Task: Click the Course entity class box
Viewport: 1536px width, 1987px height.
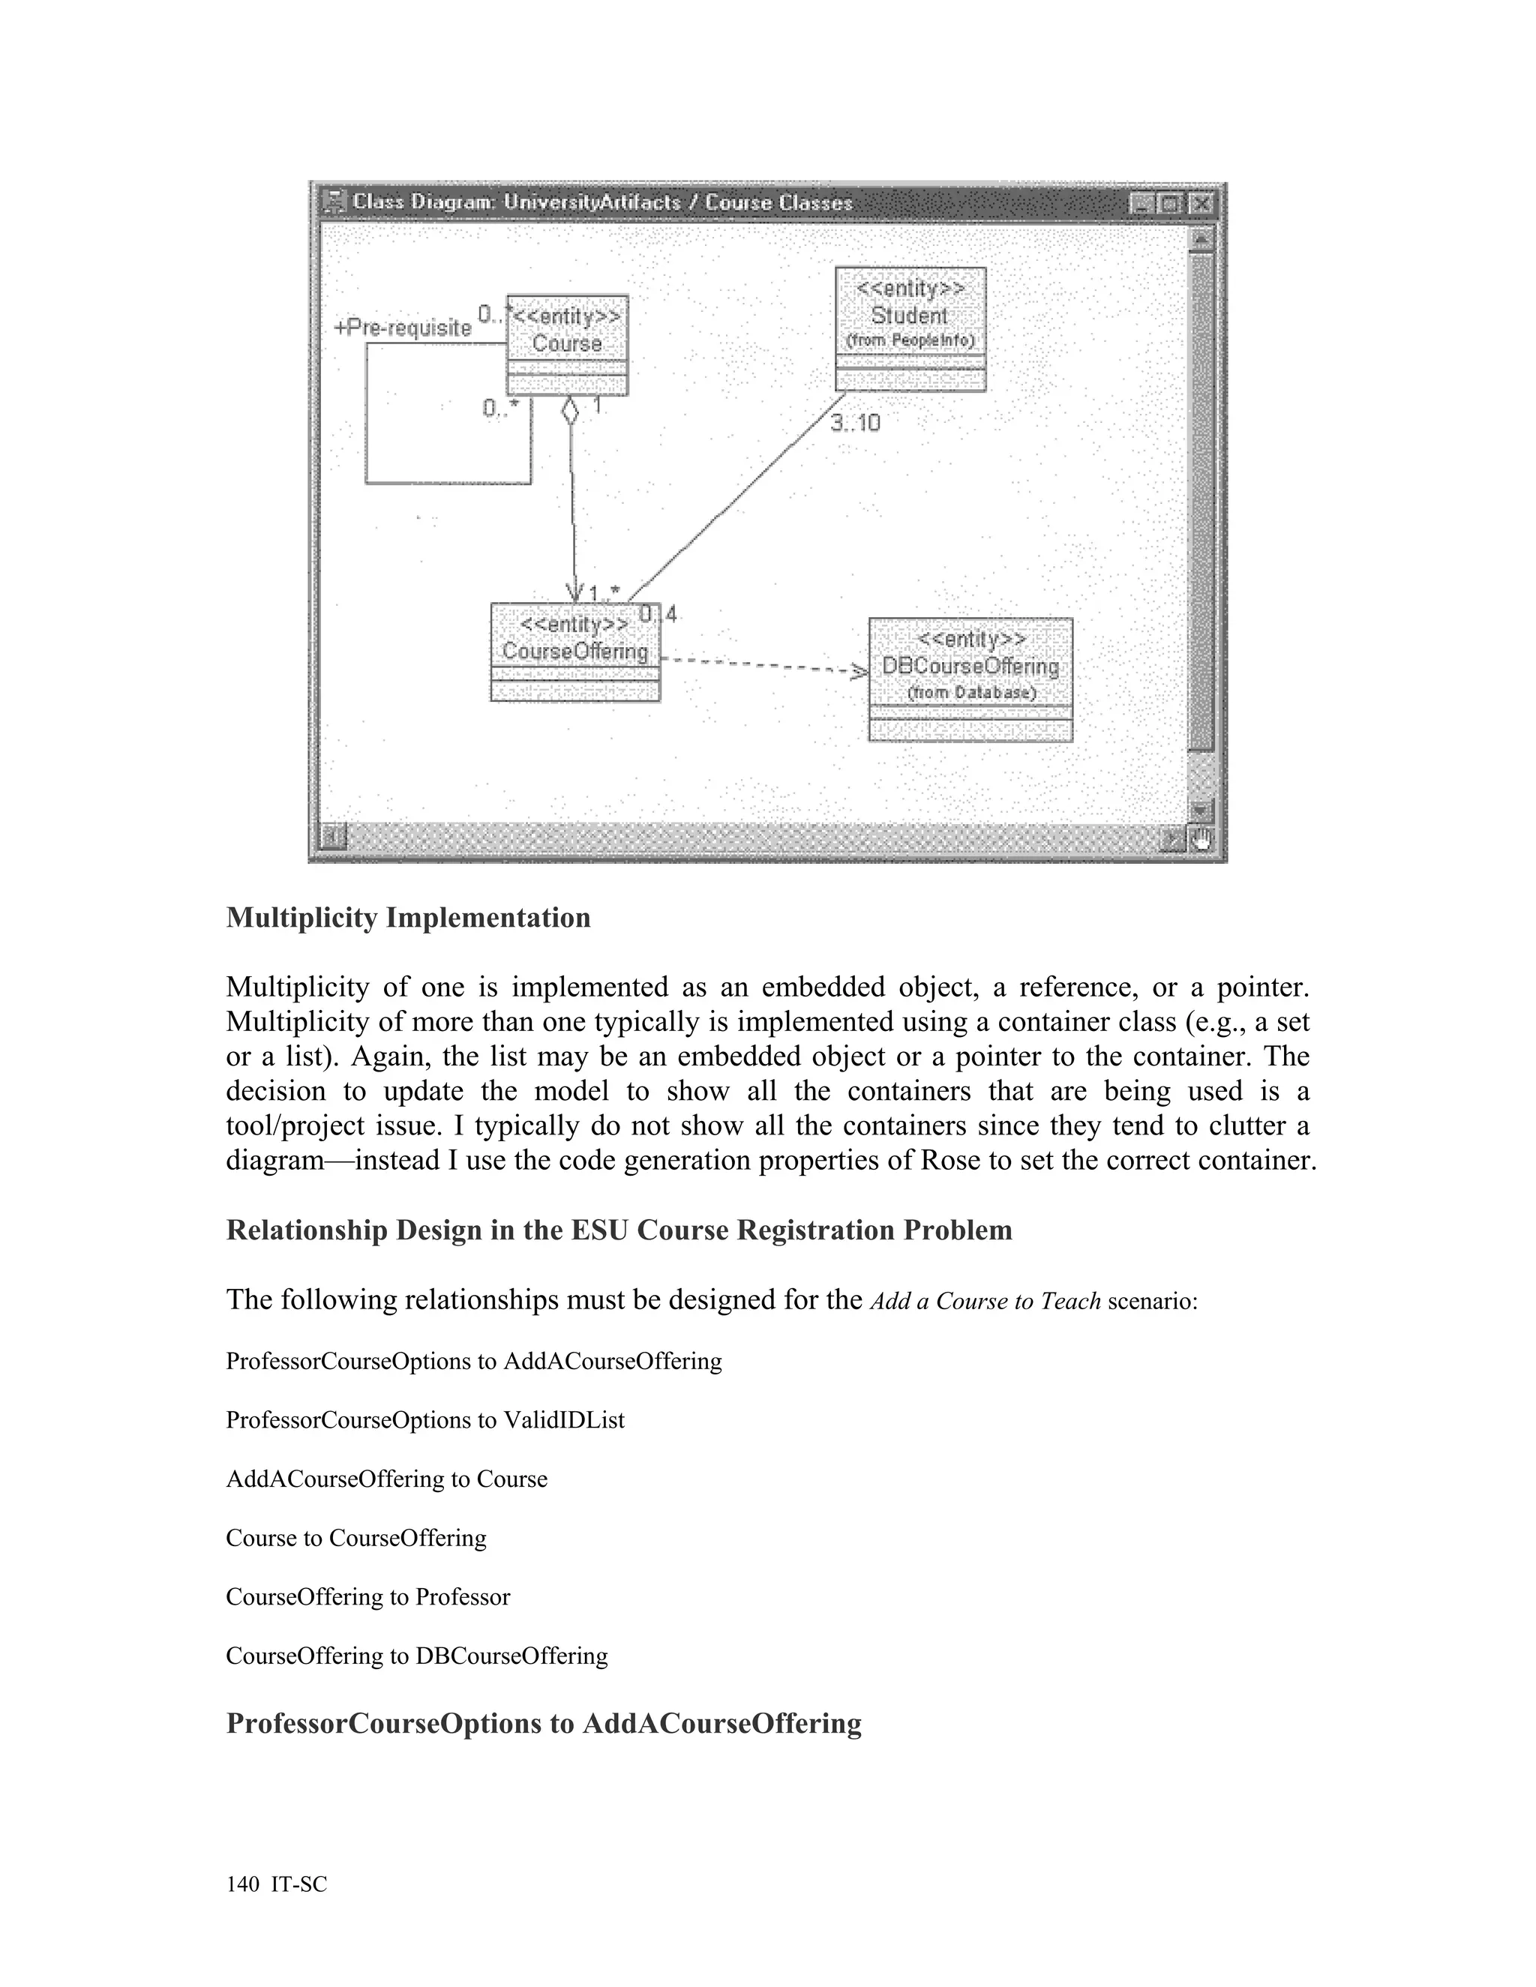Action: click(567, 344)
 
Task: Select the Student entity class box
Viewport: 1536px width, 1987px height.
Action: click(910, 328)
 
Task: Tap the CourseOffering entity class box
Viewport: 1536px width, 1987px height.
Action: click(575, 652)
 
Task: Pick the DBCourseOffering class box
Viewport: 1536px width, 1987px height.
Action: click(970, 679)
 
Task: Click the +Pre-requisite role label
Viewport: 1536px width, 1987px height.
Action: click(403, 328)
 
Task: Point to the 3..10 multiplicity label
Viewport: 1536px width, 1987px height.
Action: click(855, 423)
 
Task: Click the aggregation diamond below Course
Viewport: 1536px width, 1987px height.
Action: click(570, 410)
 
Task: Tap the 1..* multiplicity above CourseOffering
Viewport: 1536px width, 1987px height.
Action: click(604, 593)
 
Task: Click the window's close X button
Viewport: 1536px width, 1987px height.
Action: click(1201, 203)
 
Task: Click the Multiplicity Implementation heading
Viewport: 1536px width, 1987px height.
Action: click(409, 917)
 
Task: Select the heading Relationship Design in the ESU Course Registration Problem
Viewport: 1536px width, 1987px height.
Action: click(619, 1230)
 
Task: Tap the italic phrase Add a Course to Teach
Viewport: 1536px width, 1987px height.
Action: click(985, 1301)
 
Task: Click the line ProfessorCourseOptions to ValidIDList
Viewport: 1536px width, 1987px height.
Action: click(425, 1420)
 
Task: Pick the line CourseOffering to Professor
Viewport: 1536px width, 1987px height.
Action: click(367, 1596)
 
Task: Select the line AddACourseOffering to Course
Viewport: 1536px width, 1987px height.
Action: click(387, 1479)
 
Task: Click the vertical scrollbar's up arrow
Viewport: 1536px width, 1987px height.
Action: click(1201, 238)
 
